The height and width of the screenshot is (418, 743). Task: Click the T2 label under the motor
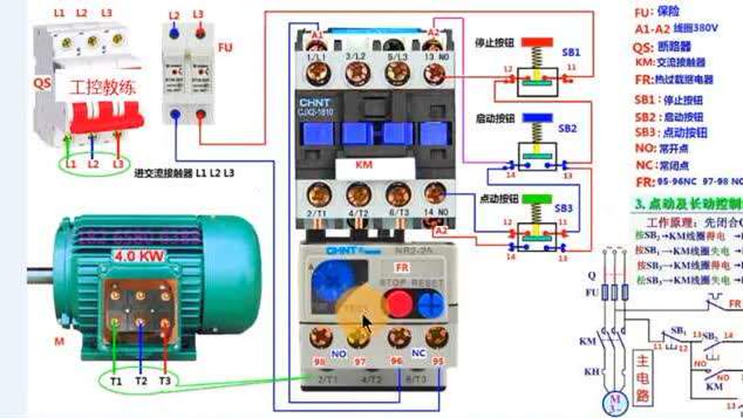coord(141,380)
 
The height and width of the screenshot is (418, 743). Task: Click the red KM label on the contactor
coord(363,166)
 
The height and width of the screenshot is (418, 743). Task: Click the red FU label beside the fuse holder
coord(225,48)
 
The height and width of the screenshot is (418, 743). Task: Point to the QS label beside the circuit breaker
coord(42,82)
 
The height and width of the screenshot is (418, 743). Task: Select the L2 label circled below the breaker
coord(93,165)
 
